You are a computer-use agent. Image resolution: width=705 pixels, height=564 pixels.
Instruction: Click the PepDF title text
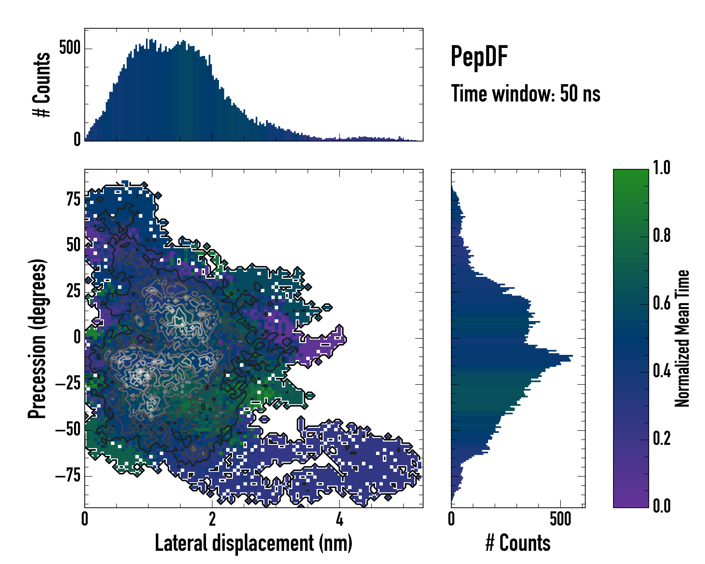coord(479,57)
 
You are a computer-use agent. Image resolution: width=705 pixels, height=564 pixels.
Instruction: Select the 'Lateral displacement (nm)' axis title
coord(253,543)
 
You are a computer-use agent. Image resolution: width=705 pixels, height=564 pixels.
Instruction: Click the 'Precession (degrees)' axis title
coord(37,339)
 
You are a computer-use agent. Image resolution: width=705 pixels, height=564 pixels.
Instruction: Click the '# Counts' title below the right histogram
coord(518,543)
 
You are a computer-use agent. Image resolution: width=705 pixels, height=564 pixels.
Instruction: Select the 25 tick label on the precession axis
coord(74,291)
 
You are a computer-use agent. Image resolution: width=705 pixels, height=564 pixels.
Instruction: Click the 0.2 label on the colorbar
coord(662,439)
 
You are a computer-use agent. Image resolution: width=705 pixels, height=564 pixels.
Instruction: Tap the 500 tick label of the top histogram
coord(70,48)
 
